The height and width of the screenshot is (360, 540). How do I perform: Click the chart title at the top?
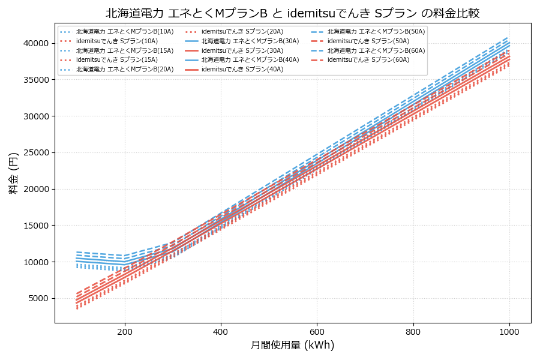pyautogui.click(x=292, y=13)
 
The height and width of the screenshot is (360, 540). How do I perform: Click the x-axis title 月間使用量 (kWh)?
pyautogui.click(x=292, y=346)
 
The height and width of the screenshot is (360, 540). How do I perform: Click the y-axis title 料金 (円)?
pyautogui.click(x=13, y=173)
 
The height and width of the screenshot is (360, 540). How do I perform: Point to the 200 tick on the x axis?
pyautogui.click(x=125, y=332)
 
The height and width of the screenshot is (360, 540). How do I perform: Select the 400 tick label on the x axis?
pyautogui.click(x=221, y=332)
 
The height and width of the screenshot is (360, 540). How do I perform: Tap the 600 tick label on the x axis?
pyautogui.click(x=317, y=332)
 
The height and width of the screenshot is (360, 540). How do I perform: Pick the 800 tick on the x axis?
pyautogui.click(x=413, y=332)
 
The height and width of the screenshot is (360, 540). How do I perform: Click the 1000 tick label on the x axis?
pyautogui.click(x=509, y=332)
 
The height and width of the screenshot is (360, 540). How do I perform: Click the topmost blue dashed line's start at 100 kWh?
pyautogui.click(x=77, y=252)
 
